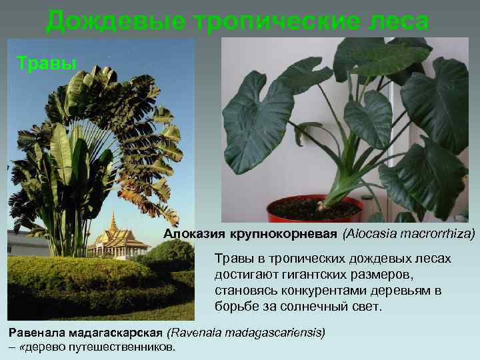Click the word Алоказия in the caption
click(x=195, y=234)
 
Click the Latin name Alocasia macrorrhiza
click(x=409, y=234)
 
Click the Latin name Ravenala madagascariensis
click(x=246, y=331)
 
